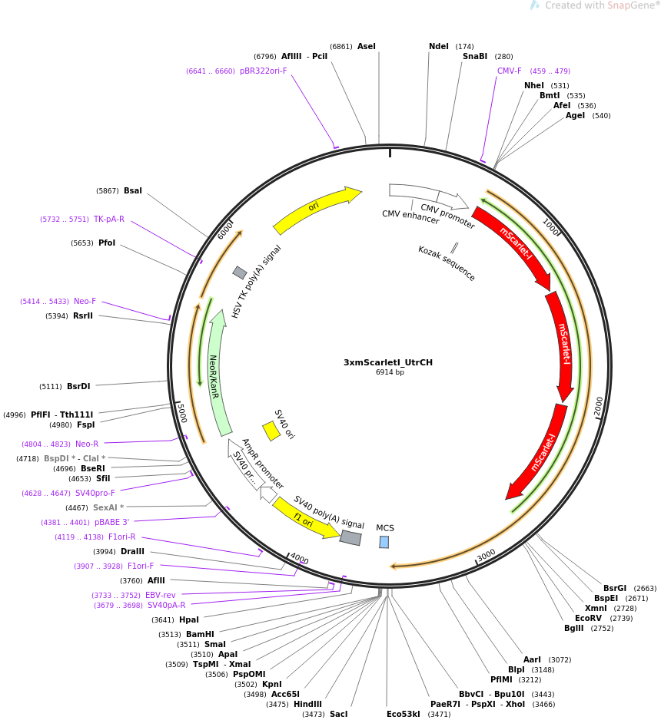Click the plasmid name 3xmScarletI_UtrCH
pyautogui.click(x=388, y=362)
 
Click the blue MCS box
pyautogui.click(x=384, y=542)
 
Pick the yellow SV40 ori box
pyautogui.click(x=271, y=431)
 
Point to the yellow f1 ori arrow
pyautogui.click(x=306, y=519)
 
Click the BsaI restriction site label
pyautogui.click(x=133, y=190)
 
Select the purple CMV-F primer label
pyautogui.click(x=510, y=71)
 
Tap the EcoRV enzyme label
pyautogui.click(x=589, y=618)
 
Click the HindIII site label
pyautogui.click(x=307, y=704)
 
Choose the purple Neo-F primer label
pyautogui.click(x=85, y=301)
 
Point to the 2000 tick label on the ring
pyautogui.click(x=598, y=406)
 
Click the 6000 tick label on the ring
pyautogui.click(x=225, y=231)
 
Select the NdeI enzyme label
pyautogui.click(x=439, y=46)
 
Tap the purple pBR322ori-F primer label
pyautogui.click(x=264, y=71)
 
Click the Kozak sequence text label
pyautogui.click(x=447, y=263)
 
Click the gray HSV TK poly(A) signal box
pyautogui.click(x=240, y=272)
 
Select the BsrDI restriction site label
pyautogui.click(x=78, y=386)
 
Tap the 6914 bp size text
pyautogui.click(x=390, y=372)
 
